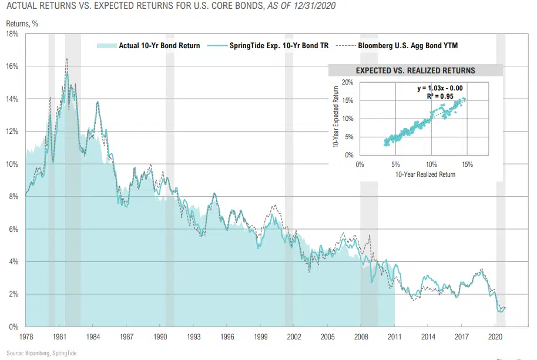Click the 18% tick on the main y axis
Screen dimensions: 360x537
pyautogui.click(x=14, y=34)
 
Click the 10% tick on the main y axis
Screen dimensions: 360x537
pyautogui.click(x=14, y=164)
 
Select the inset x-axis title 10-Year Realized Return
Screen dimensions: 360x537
pyautogui.click(x=425, y=174)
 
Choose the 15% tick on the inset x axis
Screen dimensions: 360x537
pyautogui.click(x=467, y=165)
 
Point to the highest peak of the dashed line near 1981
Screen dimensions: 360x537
pyautogui.click(x=67, y=59)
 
